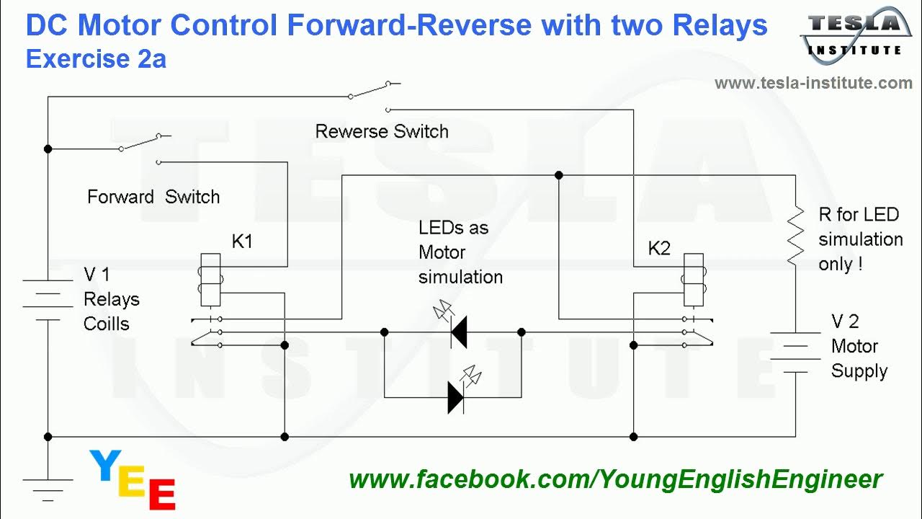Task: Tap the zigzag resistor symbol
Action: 795,235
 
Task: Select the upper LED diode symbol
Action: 457,332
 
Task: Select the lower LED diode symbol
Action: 456,397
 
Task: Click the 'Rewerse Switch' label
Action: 382,131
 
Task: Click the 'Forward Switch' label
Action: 153,197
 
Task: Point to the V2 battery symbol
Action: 795,352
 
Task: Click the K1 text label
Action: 242,241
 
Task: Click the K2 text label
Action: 659,249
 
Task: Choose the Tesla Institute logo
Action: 854,32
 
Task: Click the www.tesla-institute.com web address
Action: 813,83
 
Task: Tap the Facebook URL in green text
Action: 615,479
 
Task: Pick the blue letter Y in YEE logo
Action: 104,466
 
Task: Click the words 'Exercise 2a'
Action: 96,58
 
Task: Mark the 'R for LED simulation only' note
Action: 860,239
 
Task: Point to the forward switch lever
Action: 145,141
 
